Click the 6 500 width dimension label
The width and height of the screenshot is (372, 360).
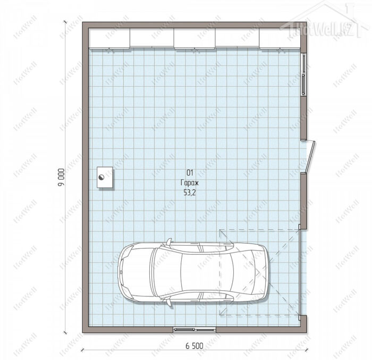point(195,346)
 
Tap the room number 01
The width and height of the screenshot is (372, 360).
point(190,173)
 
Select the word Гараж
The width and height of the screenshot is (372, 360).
point(190,183)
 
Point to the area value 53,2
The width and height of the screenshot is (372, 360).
point(190,192)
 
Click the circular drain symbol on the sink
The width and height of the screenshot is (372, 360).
point(102,177)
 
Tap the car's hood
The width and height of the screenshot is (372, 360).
point(135,272)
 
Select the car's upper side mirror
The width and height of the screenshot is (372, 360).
point(168,242)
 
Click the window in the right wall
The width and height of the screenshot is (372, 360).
point(303,74)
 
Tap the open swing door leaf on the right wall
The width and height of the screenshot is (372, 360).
point(310,156)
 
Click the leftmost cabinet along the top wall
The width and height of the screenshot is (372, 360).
point(109,38)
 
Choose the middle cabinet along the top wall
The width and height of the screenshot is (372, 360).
point(195,38)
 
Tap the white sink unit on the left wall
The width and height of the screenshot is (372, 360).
point(105,177)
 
